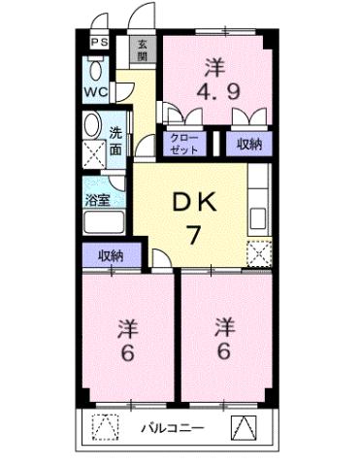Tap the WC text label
click(x=95, y=92)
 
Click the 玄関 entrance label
click(x=143, y=50)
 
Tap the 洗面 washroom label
click(x=115, y=142)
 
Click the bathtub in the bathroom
click(x=100, y=222)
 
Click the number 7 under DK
click(x=194, y=234)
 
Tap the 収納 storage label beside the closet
click(x=248, y=144)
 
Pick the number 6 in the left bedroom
click(x=126, y=351)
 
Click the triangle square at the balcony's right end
click(x=241, y=425)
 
